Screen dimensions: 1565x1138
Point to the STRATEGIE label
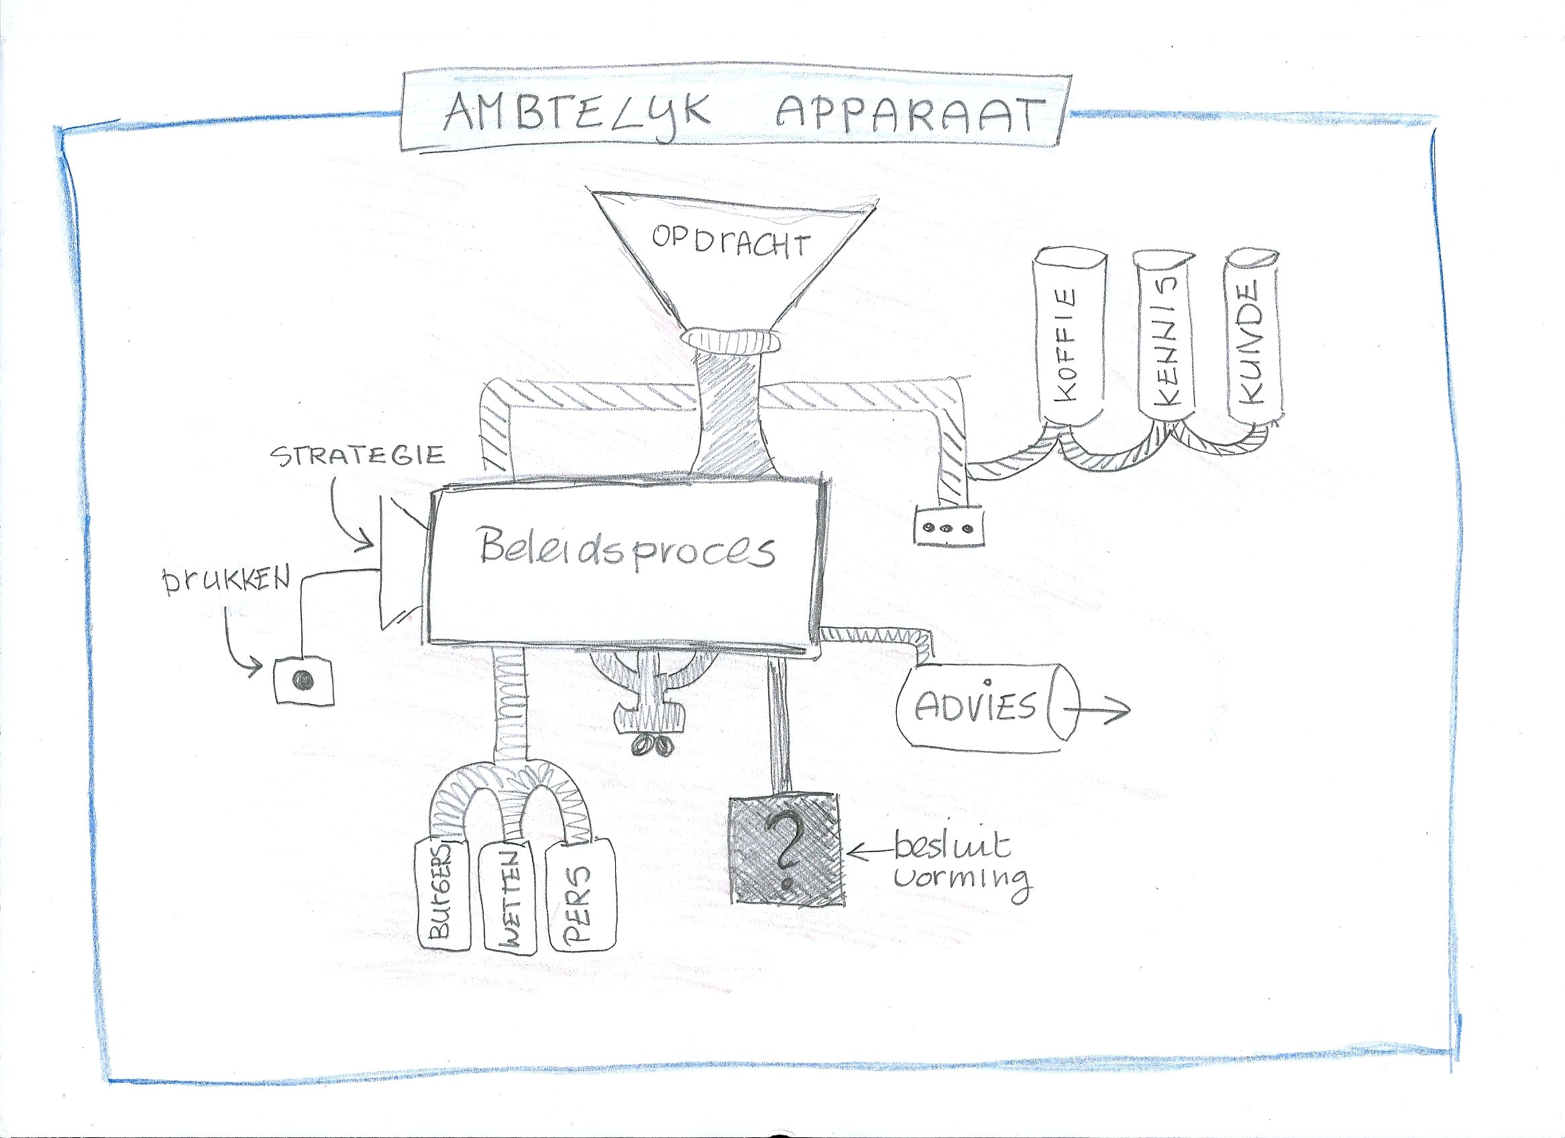coord(357,456)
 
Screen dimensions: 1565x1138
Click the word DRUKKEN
coord(226,581)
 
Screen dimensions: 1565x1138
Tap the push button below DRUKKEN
coord(304,680)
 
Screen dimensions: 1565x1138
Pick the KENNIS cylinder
coord(1165,335)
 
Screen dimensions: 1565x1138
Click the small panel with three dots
coord(948,525)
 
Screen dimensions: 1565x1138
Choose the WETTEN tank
coord(510,898)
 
